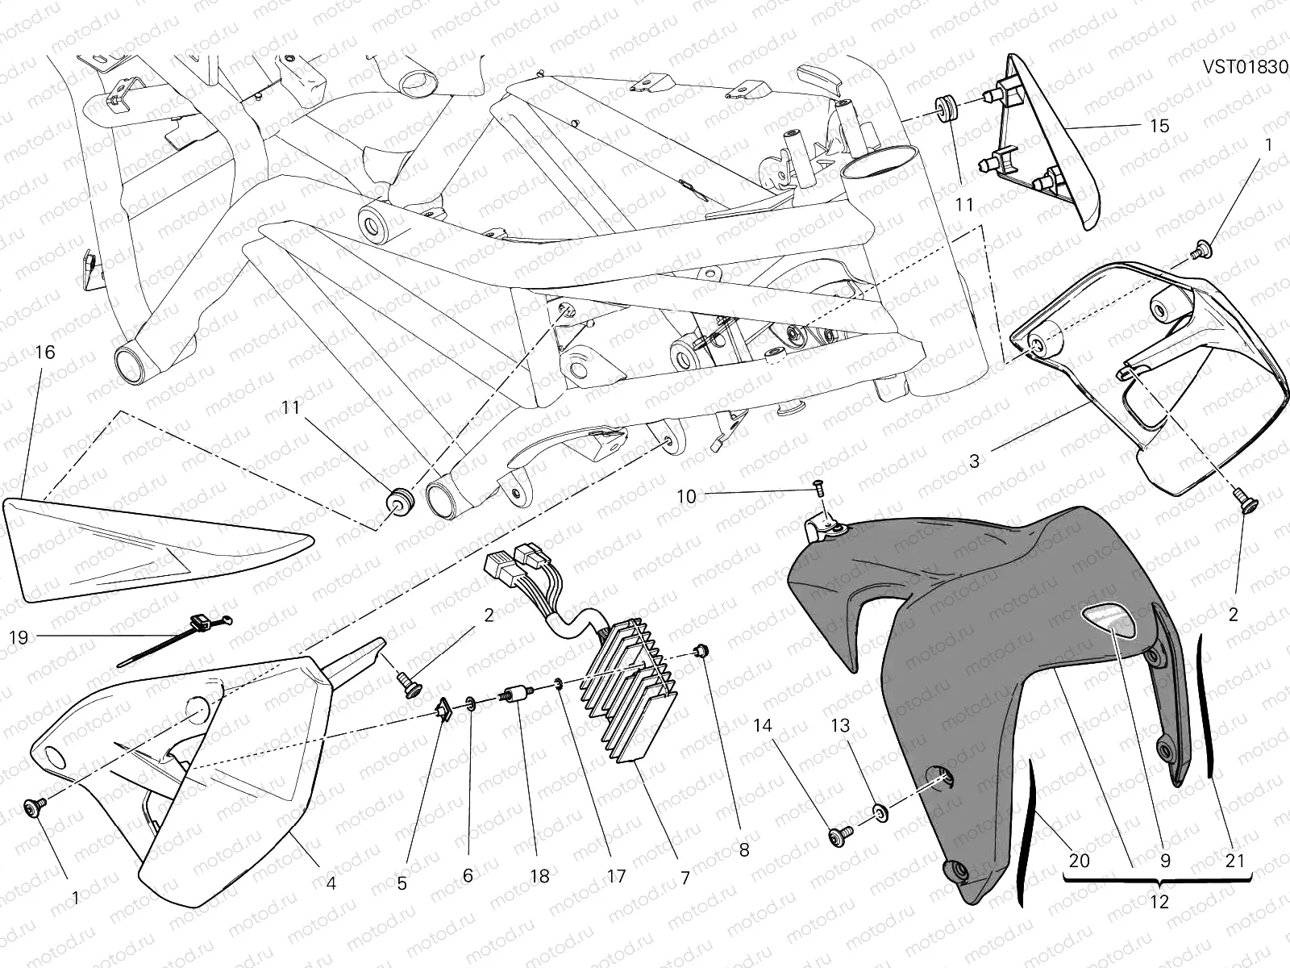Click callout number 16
(x=46, y=353)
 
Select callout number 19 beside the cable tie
(x=18, y=638)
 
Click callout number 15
(x=1159, y=127)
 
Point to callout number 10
(x=686, y=497)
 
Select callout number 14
(x=764, y=726)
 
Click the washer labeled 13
(x=881, y=809)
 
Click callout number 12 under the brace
(x=1159, y=902)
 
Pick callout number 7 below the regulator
(x=685, y=878)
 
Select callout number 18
(x=539, y=876)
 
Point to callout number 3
(x=974, y=461)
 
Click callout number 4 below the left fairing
(x=331, y=883)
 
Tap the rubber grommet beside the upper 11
(x=945, y=110)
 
